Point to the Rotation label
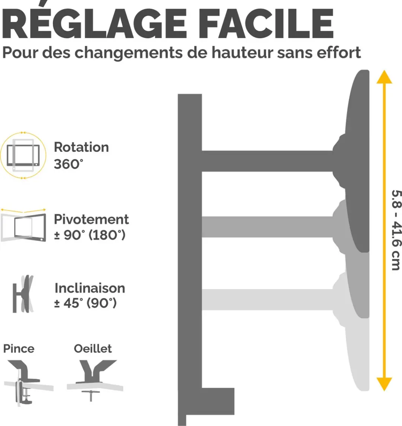81,147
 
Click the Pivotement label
91,219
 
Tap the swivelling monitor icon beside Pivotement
23,225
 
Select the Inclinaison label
90,288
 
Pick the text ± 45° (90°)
86,303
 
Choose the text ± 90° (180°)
90,235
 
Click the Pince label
19,349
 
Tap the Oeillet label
93,349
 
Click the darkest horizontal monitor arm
267,161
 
